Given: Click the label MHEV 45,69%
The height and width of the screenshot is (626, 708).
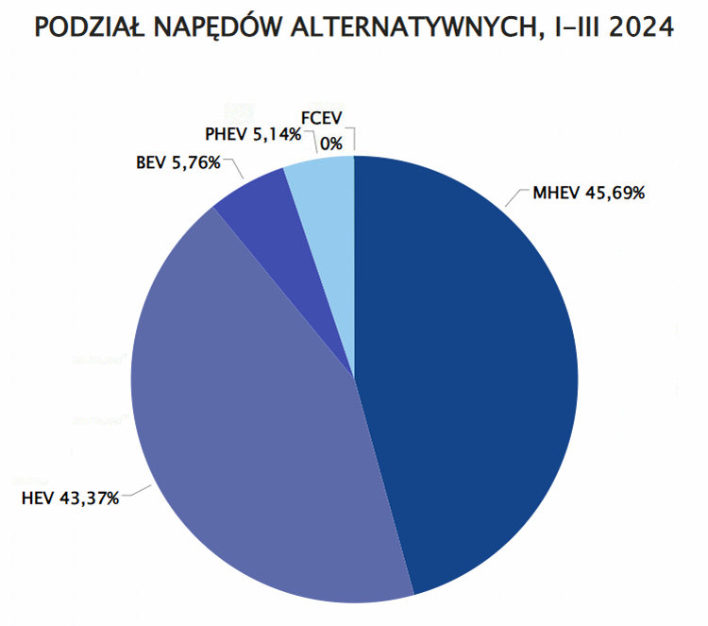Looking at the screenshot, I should click(x=588, y=195).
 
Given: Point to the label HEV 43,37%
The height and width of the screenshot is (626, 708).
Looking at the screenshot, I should click(x=70, y=498).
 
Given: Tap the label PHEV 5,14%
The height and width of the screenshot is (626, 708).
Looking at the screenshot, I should click(x=253, y=135).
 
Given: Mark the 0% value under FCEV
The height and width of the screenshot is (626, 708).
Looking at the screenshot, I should click(x=330, y=144).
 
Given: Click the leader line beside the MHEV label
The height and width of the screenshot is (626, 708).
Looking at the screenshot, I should click(x=515, y=198).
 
